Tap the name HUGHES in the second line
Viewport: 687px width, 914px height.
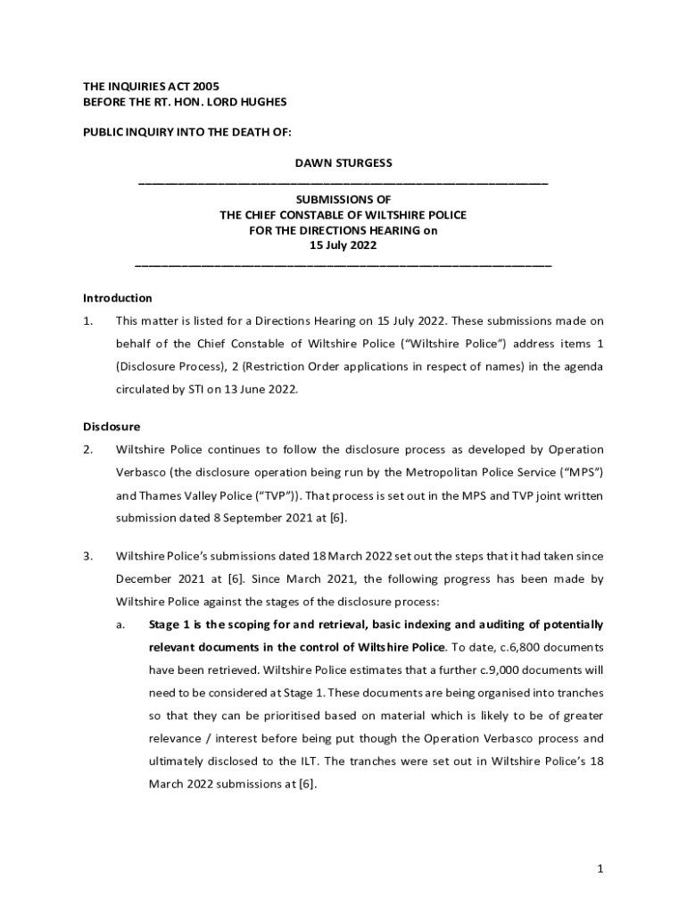point(264,103)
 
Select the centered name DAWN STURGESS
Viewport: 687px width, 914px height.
point(343,163)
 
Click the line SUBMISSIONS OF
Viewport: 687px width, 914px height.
point(343,199)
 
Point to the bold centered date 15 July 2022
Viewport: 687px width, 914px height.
point(343,245)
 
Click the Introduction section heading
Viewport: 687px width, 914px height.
point(118,298)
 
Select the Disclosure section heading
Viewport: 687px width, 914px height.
point(112,427)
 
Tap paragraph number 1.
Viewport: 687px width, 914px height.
point(87,320)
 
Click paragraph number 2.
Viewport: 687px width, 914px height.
point(87,449)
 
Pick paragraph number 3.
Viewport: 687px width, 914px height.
point(87,556)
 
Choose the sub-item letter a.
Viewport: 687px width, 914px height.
point(120,624)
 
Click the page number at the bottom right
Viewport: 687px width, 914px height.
point(600,868)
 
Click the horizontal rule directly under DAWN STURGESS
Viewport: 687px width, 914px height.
point(343,183)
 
